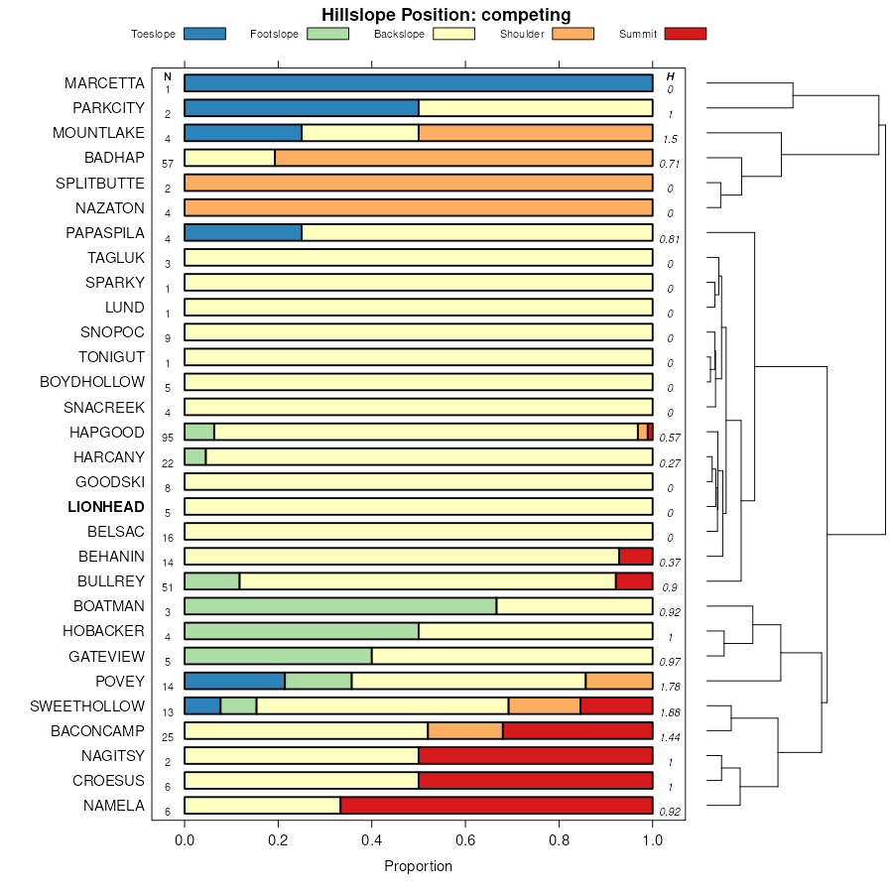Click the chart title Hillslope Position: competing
446,14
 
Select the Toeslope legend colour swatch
204,34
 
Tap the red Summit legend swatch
686,34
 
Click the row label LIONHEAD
105,507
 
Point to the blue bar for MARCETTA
418,82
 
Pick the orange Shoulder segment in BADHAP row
463,157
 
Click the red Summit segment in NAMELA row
496,806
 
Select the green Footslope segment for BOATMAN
340,606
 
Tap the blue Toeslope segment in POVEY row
234,681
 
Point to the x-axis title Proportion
418,866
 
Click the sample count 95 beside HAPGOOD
168,438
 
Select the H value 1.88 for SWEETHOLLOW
670,711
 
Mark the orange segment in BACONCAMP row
465,731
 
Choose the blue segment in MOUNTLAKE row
243,132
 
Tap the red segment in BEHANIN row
636,557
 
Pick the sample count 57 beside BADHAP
168,163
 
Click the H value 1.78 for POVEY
670,687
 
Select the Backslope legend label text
399,35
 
